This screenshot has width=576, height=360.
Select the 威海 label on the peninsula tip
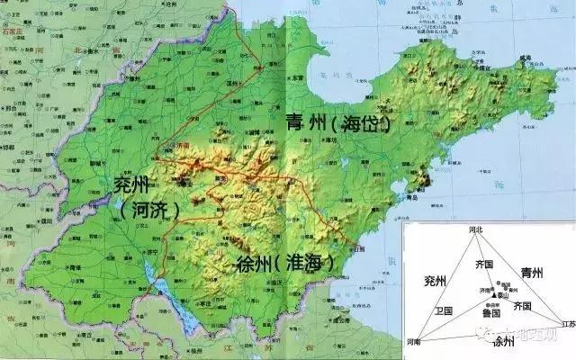pos(524,58)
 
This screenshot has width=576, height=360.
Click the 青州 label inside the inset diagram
pos(532,273)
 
